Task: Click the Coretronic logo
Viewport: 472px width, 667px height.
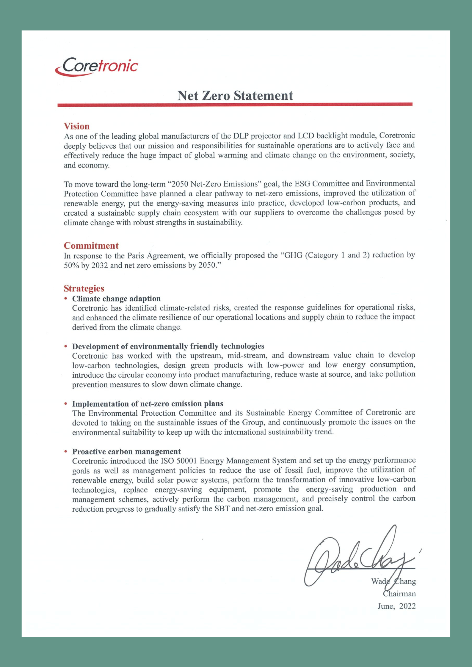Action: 97,67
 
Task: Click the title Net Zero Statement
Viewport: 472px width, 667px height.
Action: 235,96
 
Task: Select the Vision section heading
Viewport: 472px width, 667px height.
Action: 77,126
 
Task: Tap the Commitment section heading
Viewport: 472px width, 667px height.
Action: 91,246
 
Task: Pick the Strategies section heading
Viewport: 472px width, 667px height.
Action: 84,288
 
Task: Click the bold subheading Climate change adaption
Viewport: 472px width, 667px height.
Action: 116,299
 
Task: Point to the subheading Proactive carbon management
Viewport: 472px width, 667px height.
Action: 126,452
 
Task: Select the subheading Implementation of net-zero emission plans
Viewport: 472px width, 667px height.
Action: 148,404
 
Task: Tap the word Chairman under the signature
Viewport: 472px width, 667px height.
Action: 399,594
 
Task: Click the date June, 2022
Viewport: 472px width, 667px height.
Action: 396,606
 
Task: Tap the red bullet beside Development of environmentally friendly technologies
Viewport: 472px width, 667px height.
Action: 66,346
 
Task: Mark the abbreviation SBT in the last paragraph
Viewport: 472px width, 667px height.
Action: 222,509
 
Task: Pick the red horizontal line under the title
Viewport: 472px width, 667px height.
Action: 235,105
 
